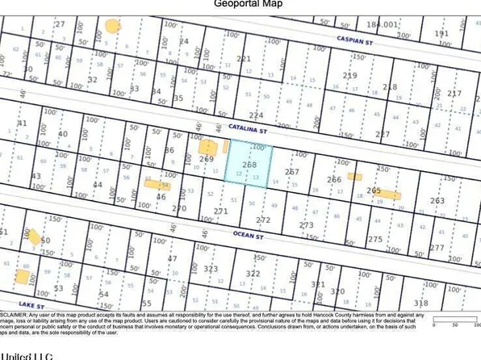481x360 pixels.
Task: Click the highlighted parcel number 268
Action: tap(249, 164)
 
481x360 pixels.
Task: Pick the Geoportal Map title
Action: tap(240, 4)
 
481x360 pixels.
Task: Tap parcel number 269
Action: tap(206, 159)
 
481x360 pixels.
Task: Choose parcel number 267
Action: tap(292, 172)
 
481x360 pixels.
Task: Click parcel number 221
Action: tap(244, 59)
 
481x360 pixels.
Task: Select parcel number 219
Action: tap(349, 75)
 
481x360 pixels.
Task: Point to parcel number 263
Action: tap(437, 201)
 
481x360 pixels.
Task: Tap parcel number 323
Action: tap(211, 269)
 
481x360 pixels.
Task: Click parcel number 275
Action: tap(375, 239)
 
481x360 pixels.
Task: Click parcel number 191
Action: tap(441, 33)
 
